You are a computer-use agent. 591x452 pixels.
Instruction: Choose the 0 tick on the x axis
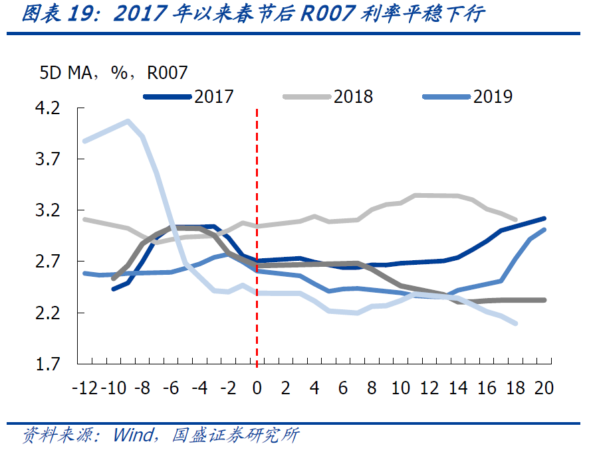pyautogui.click(x=257, y=388)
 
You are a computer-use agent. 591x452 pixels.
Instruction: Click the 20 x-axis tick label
pyautogui.click(x=544, y=388)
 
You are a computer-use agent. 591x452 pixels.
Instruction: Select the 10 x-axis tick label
pyautogui.click(x=401, y=388)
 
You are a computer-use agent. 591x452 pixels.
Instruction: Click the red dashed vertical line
pyautogui.click(x=257, y=232)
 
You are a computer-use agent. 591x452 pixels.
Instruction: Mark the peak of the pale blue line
pyautogui.click(x=127, y=121)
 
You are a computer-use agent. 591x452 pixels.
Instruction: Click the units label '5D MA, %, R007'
pyautogui.click(x=113, y=73)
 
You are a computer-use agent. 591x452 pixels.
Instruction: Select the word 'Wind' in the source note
pyautogui.click(x=134, y=435)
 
